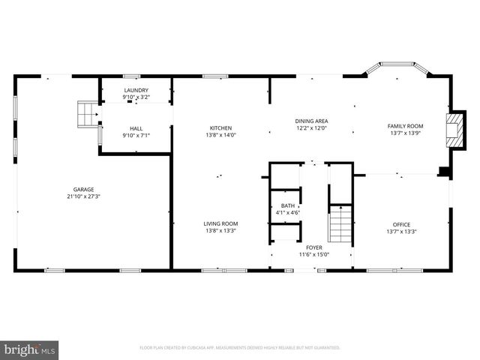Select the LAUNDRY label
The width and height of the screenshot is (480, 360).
click(136, 89)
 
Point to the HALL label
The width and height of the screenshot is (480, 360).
click(136, 128)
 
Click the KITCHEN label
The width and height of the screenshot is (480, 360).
click(220, 128)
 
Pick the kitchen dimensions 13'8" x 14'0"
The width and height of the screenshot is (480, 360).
click(220, 136)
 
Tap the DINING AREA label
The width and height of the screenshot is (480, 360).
click(311, 121)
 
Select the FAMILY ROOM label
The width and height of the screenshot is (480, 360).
click(406, 126)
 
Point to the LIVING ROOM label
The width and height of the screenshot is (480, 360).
click(220, 223)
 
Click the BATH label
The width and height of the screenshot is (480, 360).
click(288, 205)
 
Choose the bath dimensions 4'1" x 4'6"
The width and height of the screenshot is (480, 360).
click(288, 213)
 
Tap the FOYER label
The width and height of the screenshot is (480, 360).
click(314, 247)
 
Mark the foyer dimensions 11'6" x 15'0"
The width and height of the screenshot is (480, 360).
click(314, 254)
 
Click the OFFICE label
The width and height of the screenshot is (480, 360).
click(401, 224)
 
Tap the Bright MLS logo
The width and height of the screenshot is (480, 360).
click(30, 349)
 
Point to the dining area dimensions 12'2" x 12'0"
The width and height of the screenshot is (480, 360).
click(311, 128)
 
